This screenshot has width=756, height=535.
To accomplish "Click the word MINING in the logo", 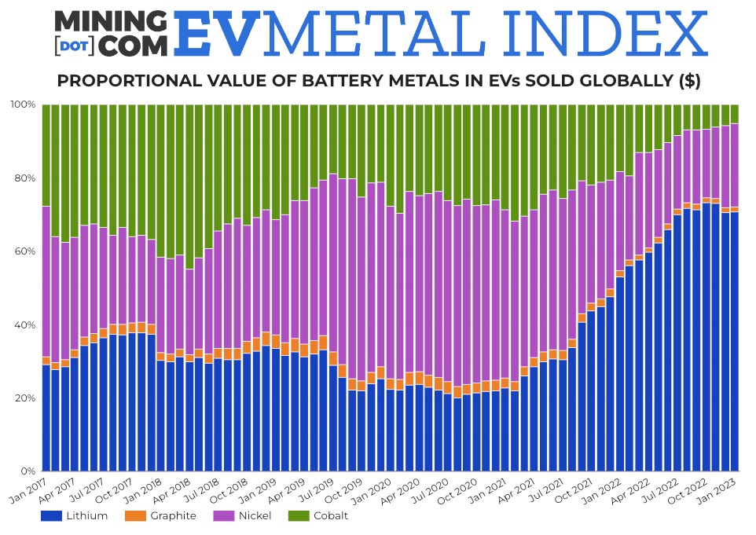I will [110, 21].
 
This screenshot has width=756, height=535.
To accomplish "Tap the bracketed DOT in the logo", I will [75, 46].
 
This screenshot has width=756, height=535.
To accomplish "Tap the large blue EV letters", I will [215, 33].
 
